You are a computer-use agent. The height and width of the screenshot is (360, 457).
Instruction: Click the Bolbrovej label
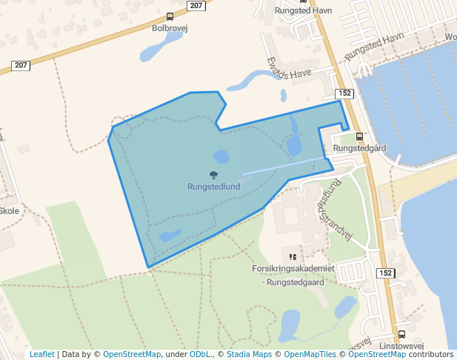point(167,29)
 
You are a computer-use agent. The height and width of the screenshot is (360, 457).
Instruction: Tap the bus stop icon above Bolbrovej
point(170,17)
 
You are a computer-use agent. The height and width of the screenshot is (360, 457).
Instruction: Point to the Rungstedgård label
point(360,148)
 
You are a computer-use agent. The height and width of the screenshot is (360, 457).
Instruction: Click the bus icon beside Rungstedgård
point(360,136)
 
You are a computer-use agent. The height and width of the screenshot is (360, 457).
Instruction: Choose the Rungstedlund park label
point(213,187)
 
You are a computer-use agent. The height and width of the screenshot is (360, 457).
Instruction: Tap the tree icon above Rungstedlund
point(213,176)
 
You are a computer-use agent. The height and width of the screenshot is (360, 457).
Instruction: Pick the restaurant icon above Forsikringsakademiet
point(292,256)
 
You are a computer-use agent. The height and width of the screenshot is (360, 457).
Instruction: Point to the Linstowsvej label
point(401,346)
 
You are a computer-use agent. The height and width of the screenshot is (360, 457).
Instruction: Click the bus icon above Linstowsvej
point(401,334)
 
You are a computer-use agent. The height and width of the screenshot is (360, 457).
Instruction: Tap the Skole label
point(9,210)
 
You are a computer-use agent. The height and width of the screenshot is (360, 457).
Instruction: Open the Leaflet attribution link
point(41,354)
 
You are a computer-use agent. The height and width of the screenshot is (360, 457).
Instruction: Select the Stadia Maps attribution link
point(247,354)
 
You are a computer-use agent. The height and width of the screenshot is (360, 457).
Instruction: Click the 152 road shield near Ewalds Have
point(344,93)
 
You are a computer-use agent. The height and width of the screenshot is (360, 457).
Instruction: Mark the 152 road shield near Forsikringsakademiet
point(385,273)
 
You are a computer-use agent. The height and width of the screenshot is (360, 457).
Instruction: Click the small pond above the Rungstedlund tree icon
point(221,156)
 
